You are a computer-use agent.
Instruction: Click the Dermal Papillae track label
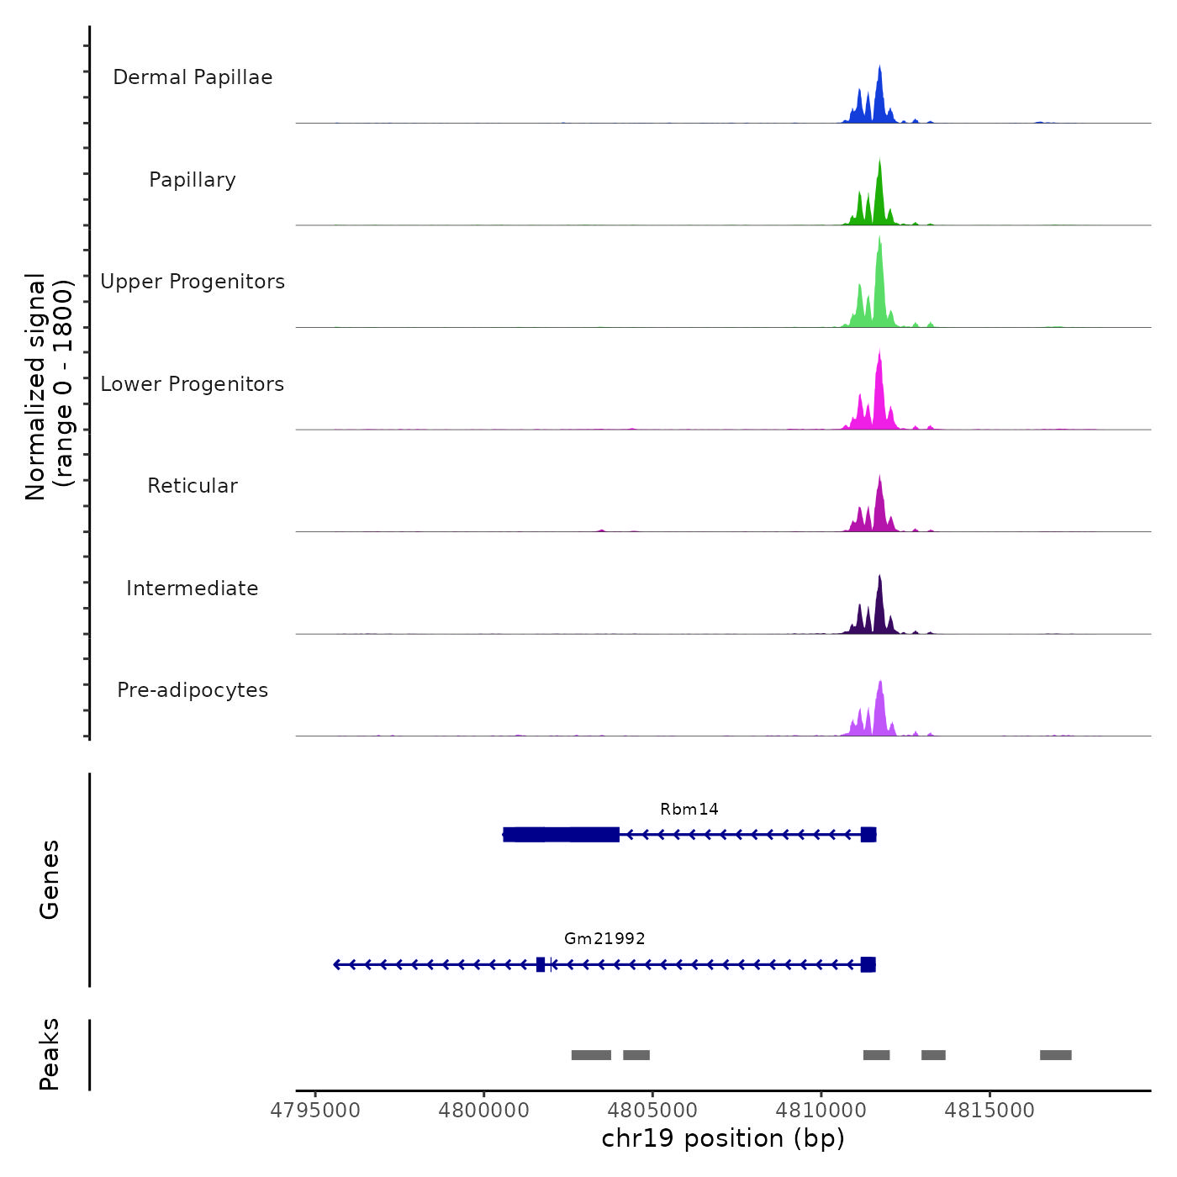pyautogui.click(x=193, y=77)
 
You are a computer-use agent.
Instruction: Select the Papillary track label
pyautogui.click(x=193, y=180)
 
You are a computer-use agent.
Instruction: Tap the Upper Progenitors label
pyautogui.click(x=193, y=282)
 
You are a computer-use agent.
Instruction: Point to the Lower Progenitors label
pyautogui.click(x=193, y=384)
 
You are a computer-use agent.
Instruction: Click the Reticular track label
pyautogui.click(x=193, y=486)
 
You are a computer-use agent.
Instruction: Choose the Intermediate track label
pyautogui.click(x=193, y=588)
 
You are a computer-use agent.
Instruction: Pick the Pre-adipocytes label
pyautogui.click(x=193, y=690)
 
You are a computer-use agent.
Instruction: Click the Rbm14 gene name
pyautogui.click(x=689, y=810)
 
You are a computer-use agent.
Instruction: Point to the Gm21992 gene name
pyautogui.click(x=604, y=939)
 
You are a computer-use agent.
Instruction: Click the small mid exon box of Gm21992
pyautogui.click(x=541, y=964)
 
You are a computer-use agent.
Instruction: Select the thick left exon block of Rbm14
pyautogui.click(x=562, y=835)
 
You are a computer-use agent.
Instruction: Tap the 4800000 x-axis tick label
pyautogui.click(x=483, y=1111)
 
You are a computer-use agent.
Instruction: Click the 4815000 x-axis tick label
pyautogui.click(x=990, y=1111)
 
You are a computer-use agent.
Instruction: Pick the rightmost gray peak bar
pyautogui.click(x=1055, y=1055)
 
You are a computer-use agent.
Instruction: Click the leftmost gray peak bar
pyautogui.click(x=591, y=1055)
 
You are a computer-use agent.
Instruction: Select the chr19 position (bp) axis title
pyautogui.click(x=723, y=1139)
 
